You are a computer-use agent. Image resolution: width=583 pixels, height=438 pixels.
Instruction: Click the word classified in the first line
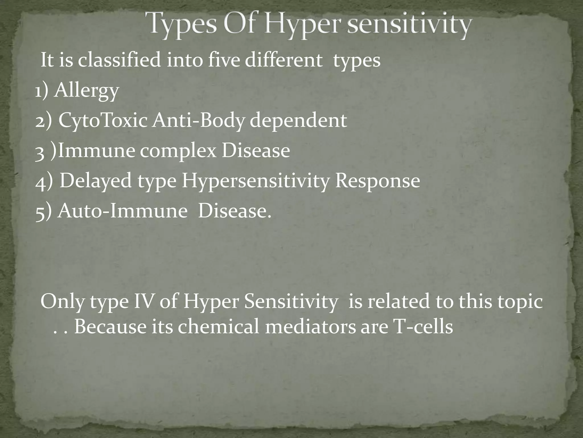[119, 60]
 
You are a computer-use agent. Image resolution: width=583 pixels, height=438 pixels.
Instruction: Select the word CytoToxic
[103, 121]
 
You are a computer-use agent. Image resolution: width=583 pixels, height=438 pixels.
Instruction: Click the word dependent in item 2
[298, 121]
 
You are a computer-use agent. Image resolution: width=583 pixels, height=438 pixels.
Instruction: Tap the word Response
[377, 181]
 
